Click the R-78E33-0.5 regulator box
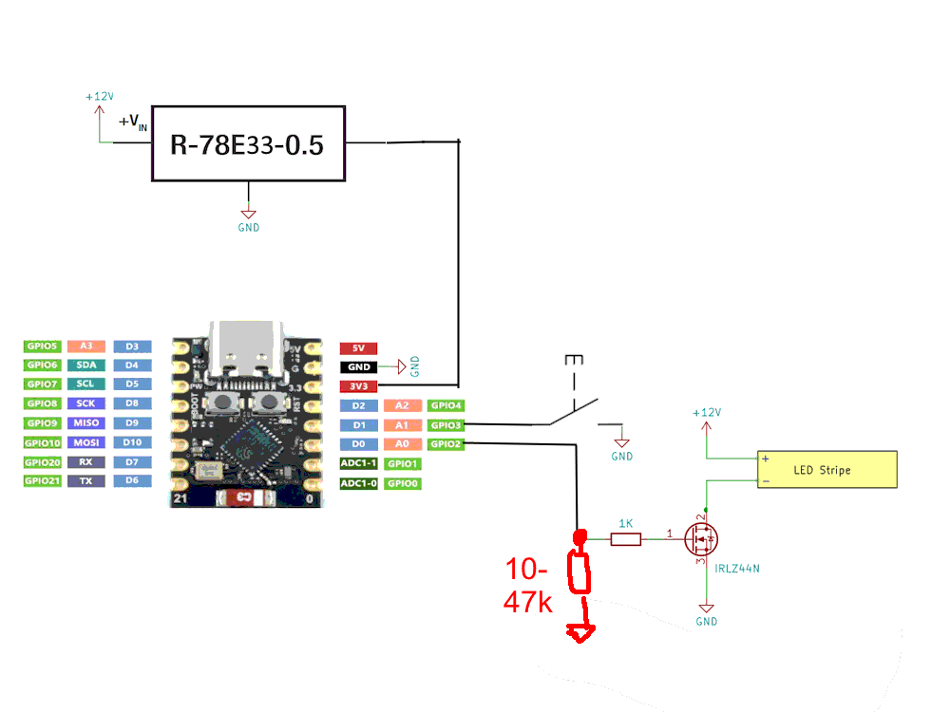(x=247, y=144)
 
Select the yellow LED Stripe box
(x=826, y=470)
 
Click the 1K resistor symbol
(x=625, y=539)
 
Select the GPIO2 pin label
(x=445, y=443)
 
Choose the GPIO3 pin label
(x=445, y=424)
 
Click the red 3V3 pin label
(x=359, y=386)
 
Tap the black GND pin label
(x=359, y=366)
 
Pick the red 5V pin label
(x=359, y=347)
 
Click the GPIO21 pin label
(x=43, y=481)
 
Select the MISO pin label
(x=85, y=423)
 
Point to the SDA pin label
(x=85, y=365)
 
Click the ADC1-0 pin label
(x=359, y=483)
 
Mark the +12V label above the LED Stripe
(x=706, y=413)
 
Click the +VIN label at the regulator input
(x=133, y=122)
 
